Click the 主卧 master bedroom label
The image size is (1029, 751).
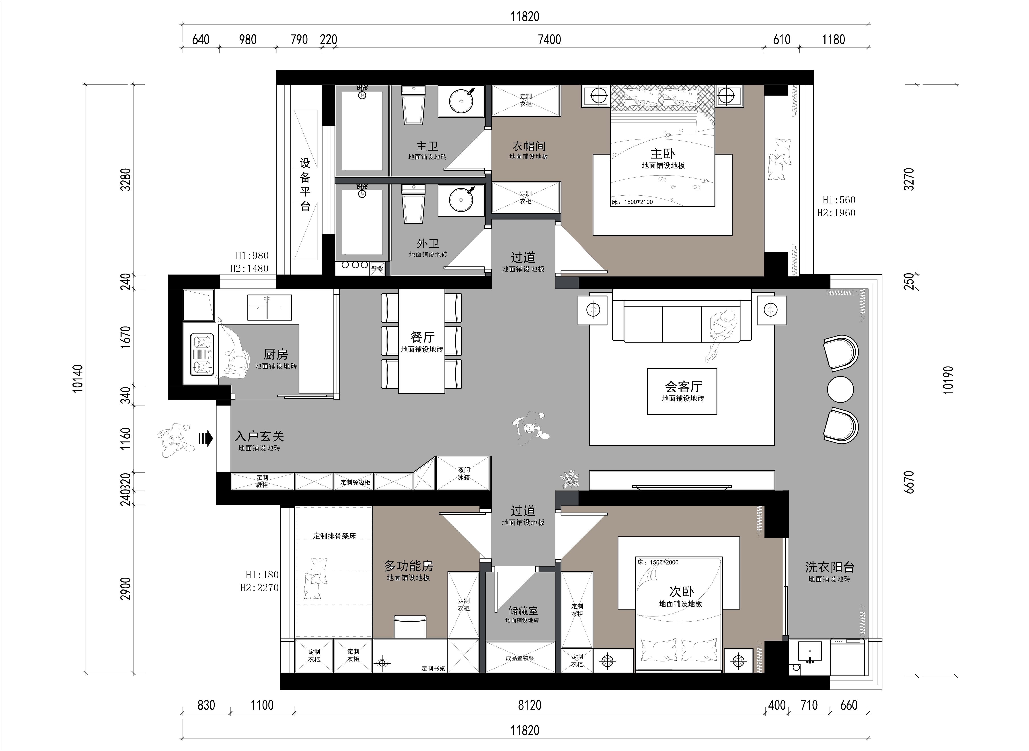coord(663,154)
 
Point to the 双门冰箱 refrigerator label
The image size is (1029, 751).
coord(464,474)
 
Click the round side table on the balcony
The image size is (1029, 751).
coord(840,389)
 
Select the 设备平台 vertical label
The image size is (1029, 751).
coord(305,184)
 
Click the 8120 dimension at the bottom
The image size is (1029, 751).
coord(530,705)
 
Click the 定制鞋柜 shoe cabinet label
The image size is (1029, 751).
coord(262,481)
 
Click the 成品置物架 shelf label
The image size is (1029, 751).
coord(520,658)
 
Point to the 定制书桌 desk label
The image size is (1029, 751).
coord(433,668)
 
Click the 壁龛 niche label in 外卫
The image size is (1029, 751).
coord(377,269)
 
